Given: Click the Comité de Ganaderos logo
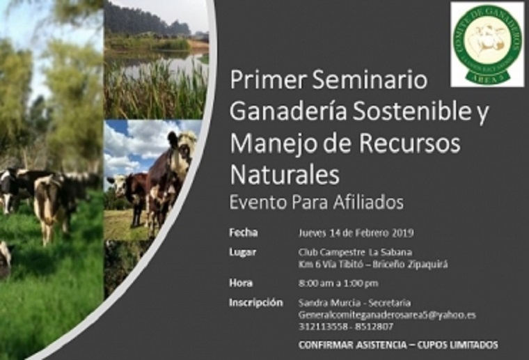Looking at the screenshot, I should click(487, 44).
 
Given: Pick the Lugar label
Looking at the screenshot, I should click(242, 251).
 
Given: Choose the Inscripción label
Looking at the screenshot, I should click(255, 303).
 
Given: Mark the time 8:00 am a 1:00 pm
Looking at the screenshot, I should click(338, 283).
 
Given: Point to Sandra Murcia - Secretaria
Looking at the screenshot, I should click(354, 304).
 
